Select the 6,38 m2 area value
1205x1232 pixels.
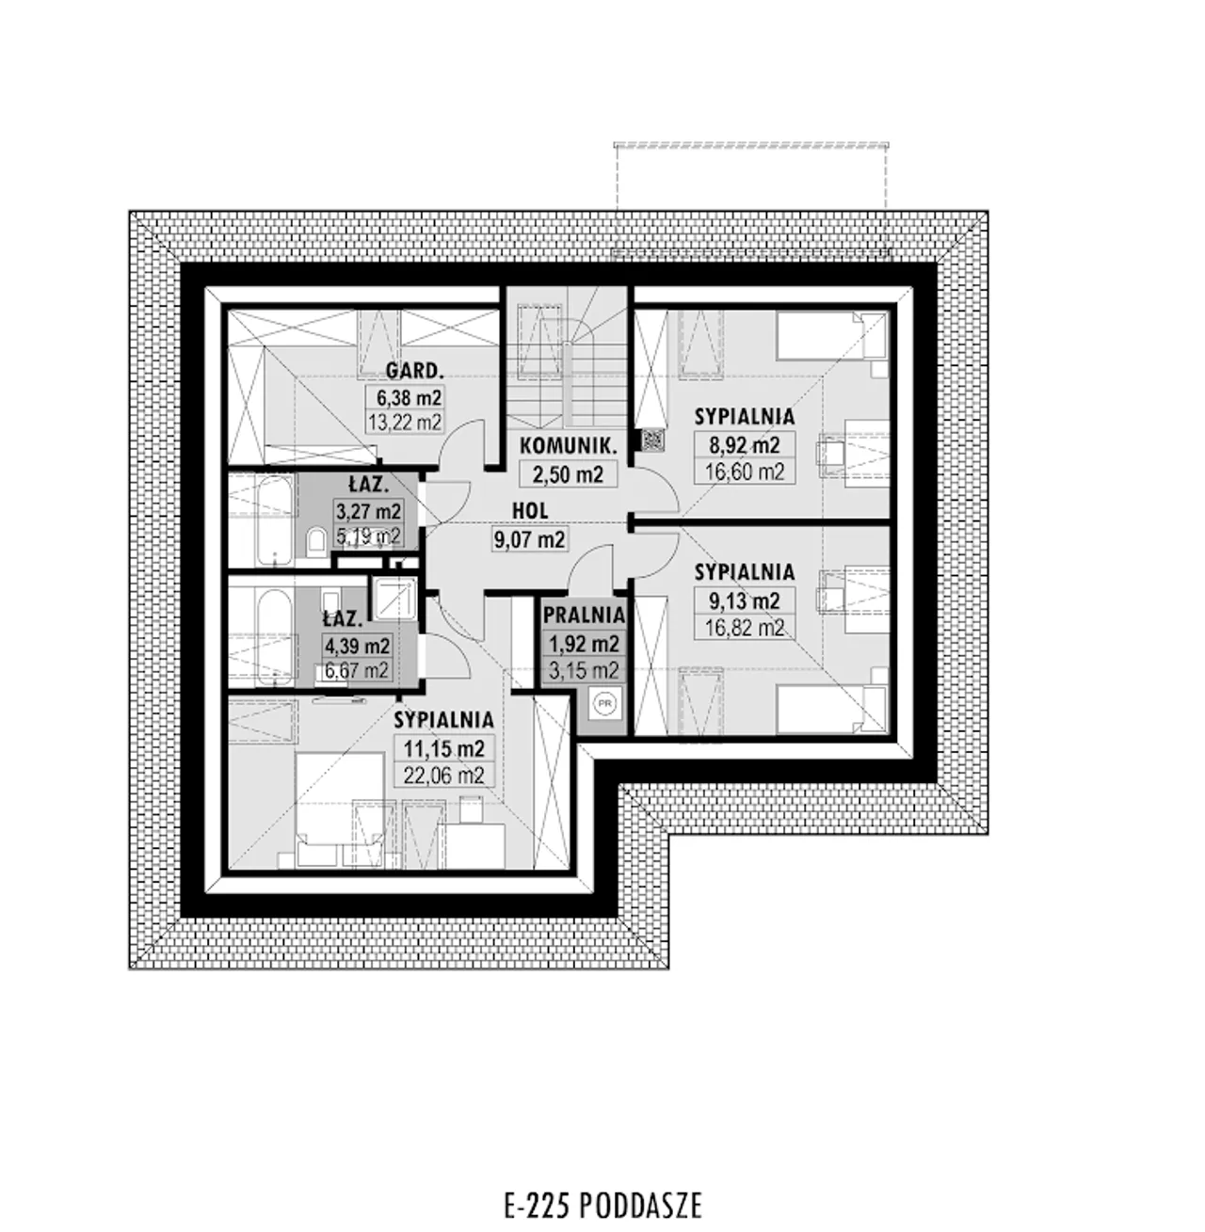click(x=409, y=398)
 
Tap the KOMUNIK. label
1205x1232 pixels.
click(x=568, y=446)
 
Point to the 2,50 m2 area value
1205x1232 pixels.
click(x=568, y=473)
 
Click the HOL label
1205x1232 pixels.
click(x=530, y=510)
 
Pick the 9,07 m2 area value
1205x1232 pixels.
click(x=529, y=539)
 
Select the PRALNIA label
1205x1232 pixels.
click(x=584, y=615)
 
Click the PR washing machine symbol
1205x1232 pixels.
click(x=604, y=703)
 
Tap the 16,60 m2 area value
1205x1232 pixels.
click(x=745, y=472)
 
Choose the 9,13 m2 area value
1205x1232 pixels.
click(x=744, y=600)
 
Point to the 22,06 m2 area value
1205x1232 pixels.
click(x=444, y=775)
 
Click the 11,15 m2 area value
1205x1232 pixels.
click(x=444, y=748)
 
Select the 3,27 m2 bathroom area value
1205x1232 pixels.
click(x=368, y=511)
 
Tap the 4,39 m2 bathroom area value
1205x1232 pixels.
click(x=357, y=646)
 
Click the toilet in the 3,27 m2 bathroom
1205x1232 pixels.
click(x=315, y=541)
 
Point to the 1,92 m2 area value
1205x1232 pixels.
click(x=584, y=644)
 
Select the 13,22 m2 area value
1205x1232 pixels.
click(x=405, y=423)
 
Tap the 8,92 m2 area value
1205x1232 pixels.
click(x=744, y=445)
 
